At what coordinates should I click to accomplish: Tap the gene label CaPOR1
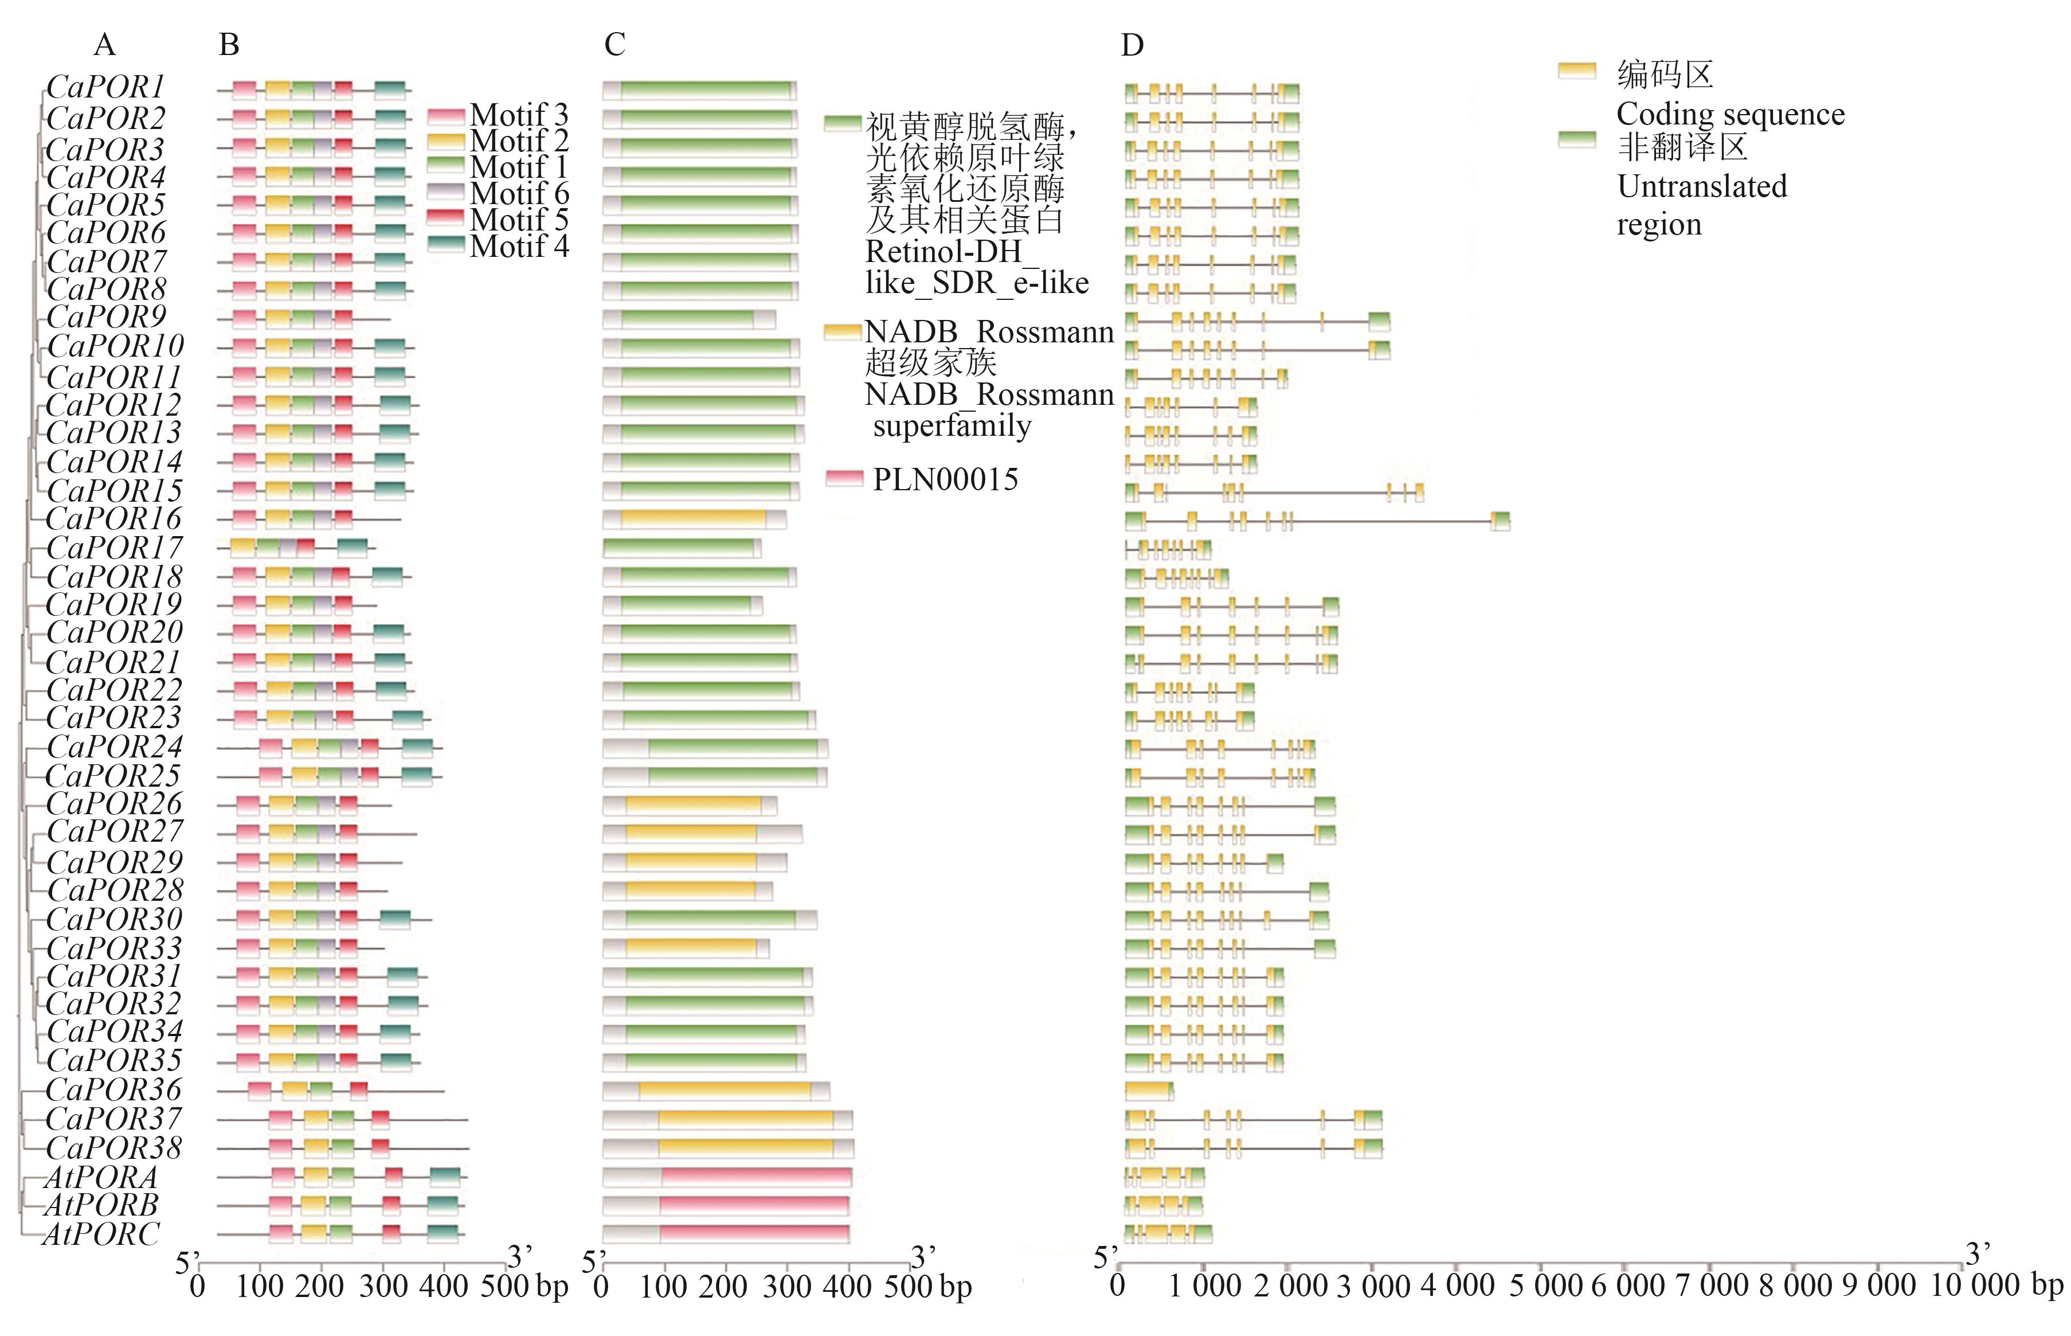(105, 88)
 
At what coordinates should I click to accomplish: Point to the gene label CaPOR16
(113, 519)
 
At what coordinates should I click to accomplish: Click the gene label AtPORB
(101, 1205)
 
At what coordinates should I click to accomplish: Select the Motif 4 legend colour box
(446, 245)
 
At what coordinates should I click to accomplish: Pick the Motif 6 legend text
(519, 193)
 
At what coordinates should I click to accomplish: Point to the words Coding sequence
(1730, 114)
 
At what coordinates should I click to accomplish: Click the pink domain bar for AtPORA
(755, 1177)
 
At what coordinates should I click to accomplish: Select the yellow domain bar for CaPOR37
(745, 1120)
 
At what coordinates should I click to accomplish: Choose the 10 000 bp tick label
(1995, 1286)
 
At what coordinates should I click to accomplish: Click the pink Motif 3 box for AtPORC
(280, 1233)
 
